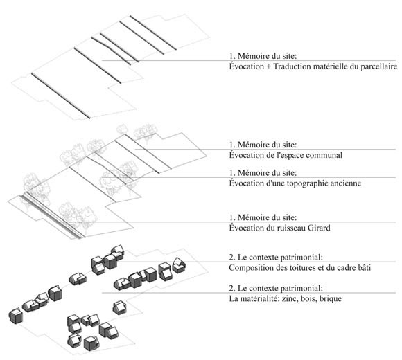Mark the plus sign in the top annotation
(x=268, y=66)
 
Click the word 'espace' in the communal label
(x=292, y=155)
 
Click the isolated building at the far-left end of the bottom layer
(x=16, y=316)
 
